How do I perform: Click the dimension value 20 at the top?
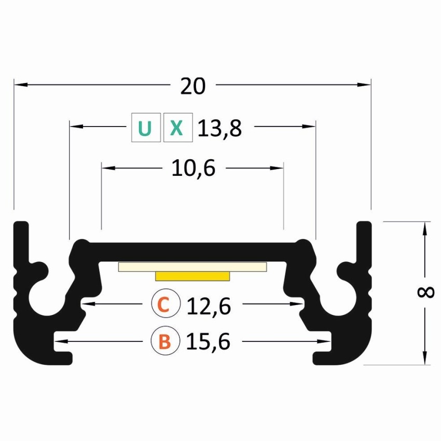point(193,86)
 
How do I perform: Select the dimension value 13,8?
point(219,129)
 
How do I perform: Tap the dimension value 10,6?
point(194,168)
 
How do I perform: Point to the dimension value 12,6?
point(209,306)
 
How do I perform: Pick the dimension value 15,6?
point(208,341)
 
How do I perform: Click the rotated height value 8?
point(425,293)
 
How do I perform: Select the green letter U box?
point(146,128)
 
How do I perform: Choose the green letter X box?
point(178,128)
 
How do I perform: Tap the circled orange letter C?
point(166,304)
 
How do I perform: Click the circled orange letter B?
point(166,340)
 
